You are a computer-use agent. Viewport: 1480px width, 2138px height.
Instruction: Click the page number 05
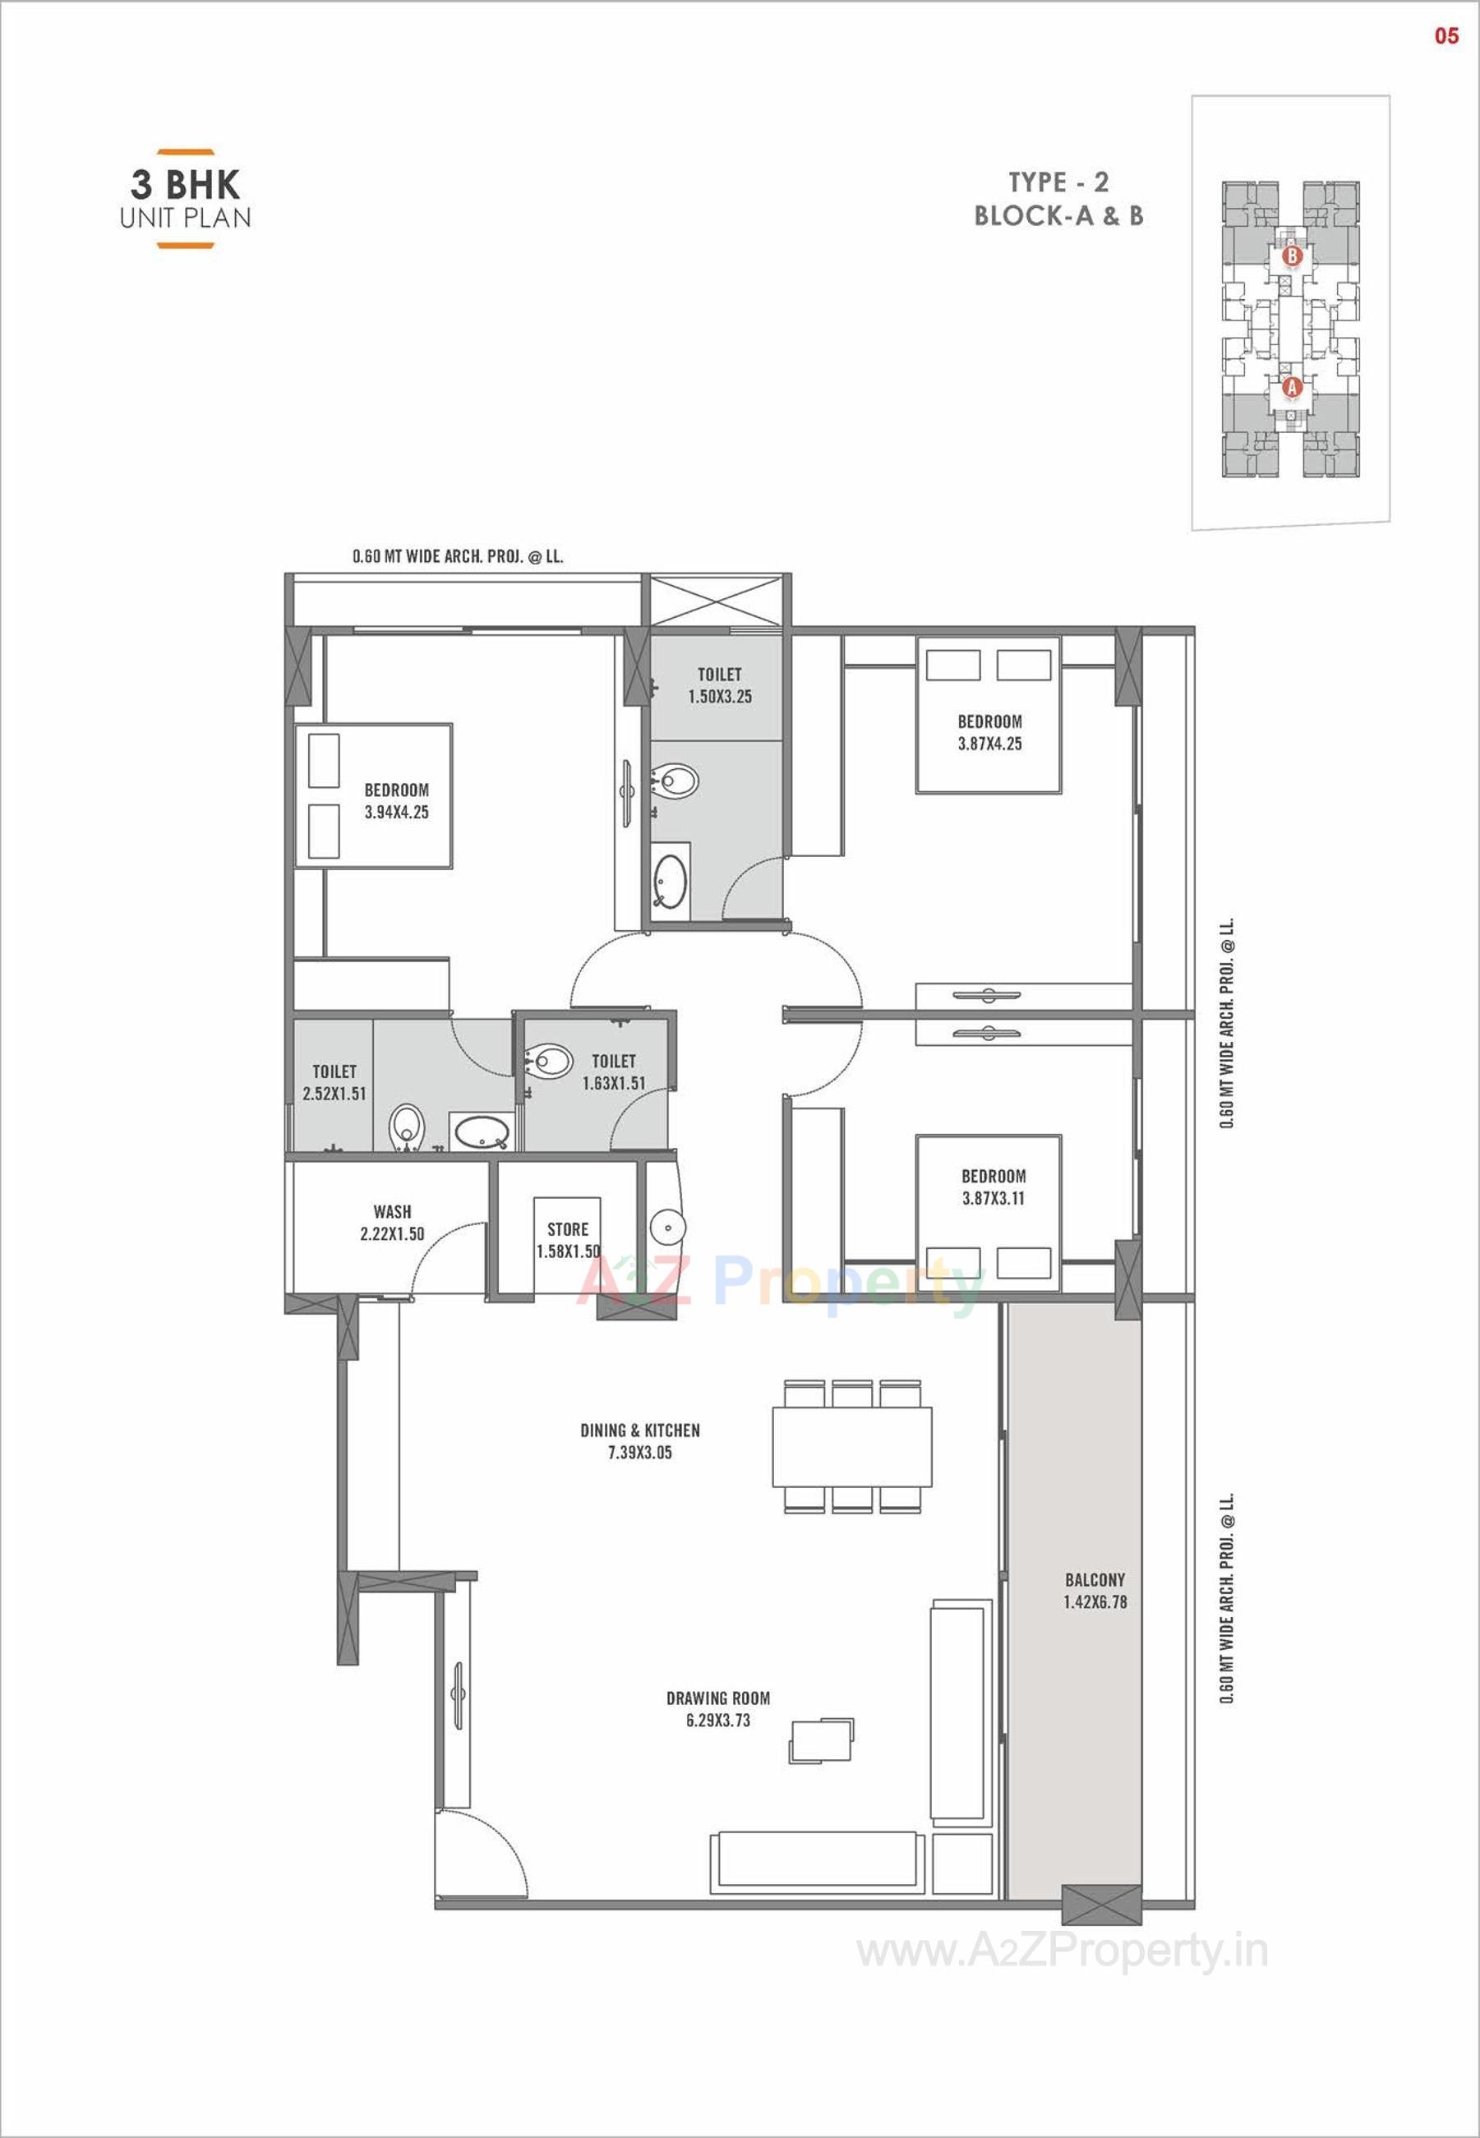tap(1445, 36)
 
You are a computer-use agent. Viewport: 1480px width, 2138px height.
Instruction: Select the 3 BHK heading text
tap(186, 185)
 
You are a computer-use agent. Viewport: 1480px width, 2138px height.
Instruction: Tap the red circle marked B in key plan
tap(1292, 254)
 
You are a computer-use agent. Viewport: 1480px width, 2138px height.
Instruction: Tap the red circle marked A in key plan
tap(1292, 388)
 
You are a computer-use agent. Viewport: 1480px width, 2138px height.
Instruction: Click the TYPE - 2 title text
tap(1058, 182)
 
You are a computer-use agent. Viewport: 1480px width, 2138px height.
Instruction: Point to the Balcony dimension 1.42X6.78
tap(1095, 1602)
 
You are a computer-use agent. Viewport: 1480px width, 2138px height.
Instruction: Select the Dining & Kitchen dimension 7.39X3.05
tap(640, 1453)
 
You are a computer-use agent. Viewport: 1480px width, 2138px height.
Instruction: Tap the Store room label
tap(568, 1229)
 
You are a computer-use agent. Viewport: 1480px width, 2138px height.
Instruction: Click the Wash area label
tap(392, 1211)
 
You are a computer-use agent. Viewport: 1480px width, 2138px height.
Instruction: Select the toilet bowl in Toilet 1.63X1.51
tap(549, 1061)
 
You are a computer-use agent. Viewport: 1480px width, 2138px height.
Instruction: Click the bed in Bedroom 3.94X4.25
tap(374, 796)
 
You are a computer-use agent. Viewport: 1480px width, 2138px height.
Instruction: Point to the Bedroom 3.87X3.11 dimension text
tap(994, 1198)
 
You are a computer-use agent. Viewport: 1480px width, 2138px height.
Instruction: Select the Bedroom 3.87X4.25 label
tap(989, 721)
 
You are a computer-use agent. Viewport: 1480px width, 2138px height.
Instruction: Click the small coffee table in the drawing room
tap(821, 1740)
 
